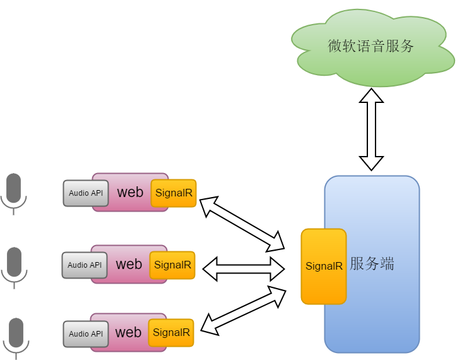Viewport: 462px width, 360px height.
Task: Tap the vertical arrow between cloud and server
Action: pos(371,129)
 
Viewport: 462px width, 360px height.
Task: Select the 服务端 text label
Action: pos(372,264)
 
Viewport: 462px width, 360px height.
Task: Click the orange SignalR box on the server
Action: pos(324,266)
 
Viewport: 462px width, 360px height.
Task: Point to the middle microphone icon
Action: pos(14,265)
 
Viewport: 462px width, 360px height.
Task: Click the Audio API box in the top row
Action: pos(86,193)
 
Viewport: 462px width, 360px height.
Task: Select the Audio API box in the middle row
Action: pos(85,265)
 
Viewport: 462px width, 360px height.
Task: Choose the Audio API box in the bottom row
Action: pos(86,334)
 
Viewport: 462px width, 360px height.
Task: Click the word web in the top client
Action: pos(130,192)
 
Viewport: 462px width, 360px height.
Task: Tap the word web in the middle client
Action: pos(129,264)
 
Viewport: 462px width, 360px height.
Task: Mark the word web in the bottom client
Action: pos(128,332)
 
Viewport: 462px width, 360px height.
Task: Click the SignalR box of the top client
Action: pos(174,193)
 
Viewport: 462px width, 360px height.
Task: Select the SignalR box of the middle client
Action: pos(172,265)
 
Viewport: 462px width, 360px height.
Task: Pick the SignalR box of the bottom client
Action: pos(171,333)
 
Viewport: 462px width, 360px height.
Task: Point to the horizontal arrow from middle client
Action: pos(244,268)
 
